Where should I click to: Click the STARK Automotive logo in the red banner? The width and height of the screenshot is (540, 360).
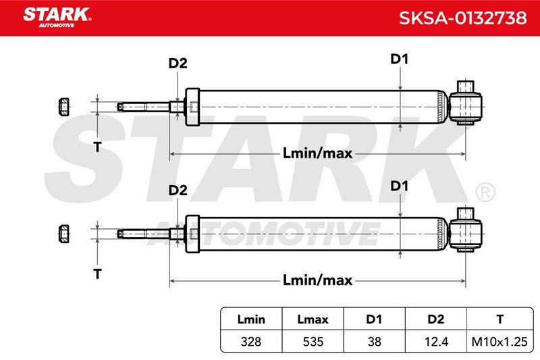point(57,17)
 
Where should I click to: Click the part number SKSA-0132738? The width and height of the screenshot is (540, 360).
point(462,18)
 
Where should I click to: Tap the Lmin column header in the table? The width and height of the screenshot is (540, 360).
point(251,319)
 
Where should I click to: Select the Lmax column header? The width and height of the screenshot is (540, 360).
point(313,319)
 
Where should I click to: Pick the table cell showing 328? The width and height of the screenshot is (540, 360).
point(251,341)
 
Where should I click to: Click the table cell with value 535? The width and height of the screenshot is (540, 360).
point(313,341)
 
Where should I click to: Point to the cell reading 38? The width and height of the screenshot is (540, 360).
point(375,341)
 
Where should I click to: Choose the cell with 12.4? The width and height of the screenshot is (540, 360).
point(436,341)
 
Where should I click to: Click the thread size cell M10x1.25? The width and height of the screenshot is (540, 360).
point(500,341)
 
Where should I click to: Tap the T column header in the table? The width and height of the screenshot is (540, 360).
point(500,319)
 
